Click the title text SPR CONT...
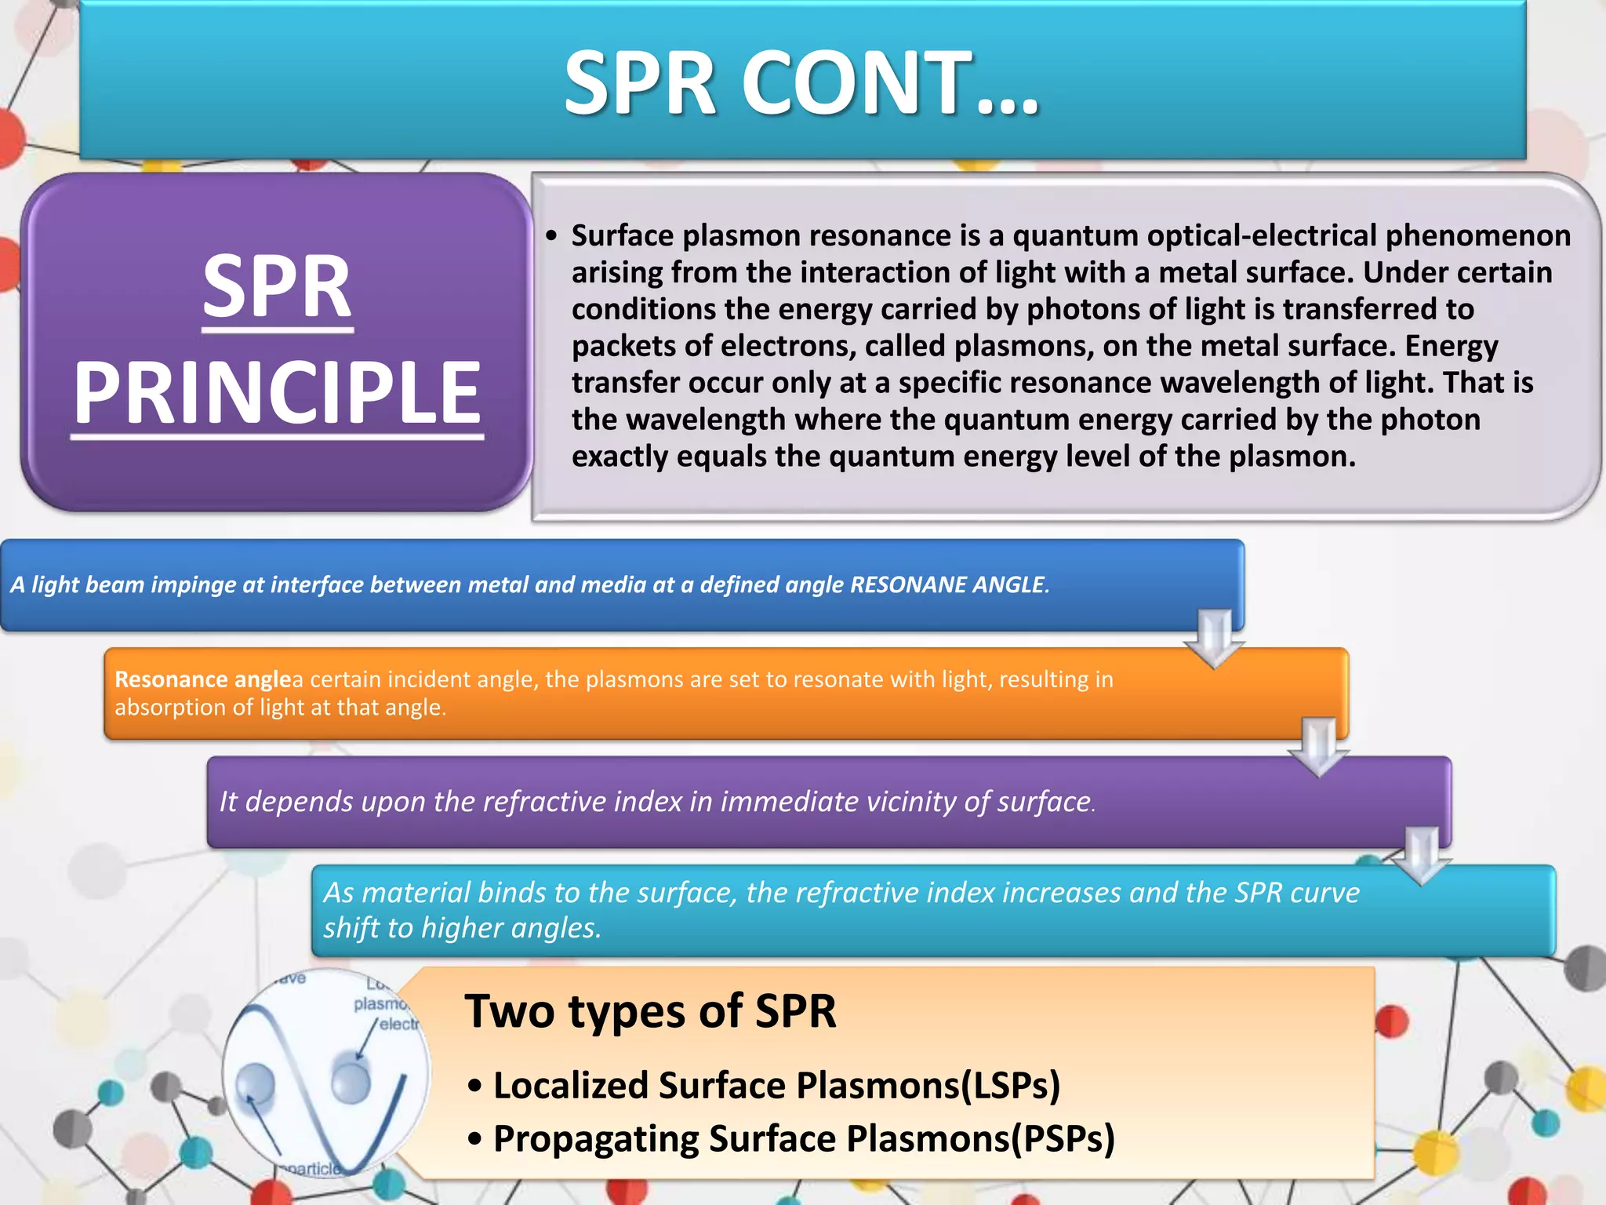tap(801, 83)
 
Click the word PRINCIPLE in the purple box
tap(277, 392)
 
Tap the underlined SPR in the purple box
tap(277, 287)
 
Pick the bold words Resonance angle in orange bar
tap(202, 679)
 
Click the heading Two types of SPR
tap(650, 1010)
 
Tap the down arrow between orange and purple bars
tap(1318, 746)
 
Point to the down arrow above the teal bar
tap(1422, 855)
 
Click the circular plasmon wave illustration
tap(326, 1073)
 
